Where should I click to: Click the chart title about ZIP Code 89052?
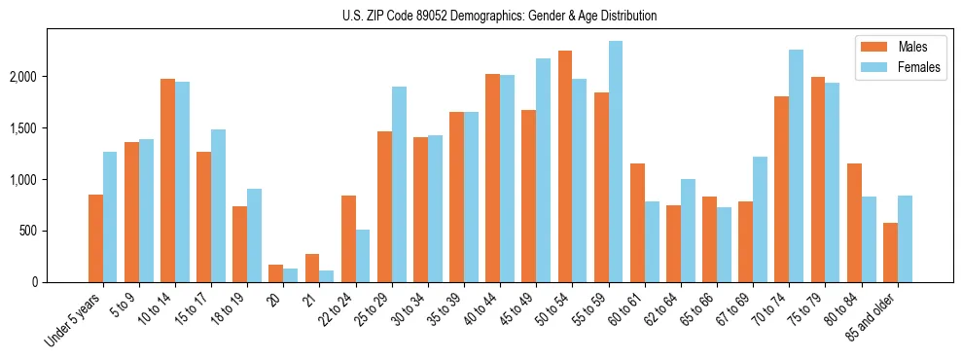499,16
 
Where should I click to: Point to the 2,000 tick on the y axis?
27,77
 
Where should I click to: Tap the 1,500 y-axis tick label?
27,128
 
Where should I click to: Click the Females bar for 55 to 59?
615,162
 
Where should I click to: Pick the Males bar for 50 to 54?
564,166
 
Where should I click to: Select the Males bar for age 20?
276,273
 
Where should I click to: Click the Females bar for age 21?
327,276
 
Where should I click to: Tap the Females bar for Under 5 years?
110,217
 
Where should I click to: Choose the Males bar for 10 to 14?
167,181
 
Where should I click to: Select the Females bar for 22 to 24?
363,256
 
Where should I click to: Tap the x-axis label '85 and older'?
872,316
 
